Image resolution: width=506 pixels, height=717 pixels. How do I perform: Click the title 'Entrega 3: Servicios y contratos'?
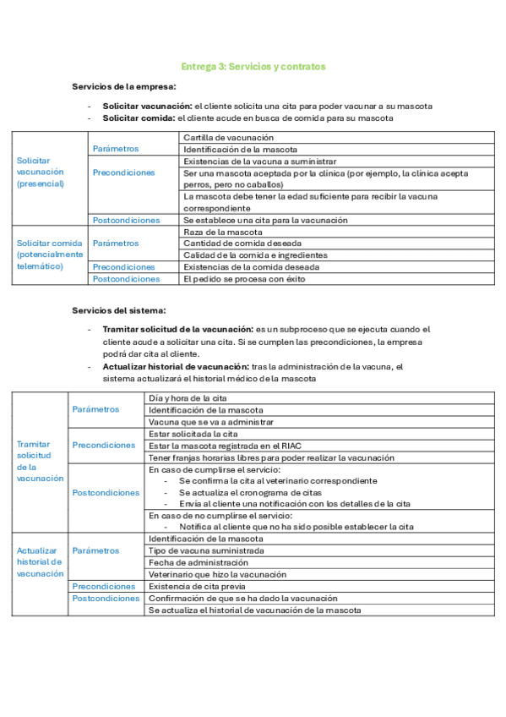(x=253, y=66)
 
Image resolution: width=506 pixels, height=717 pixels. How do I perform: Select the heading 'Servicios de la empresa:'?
(x=124, y=87)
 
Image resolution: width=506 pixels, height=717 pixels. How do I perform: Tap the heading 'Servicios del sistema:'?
(x=119, y=310)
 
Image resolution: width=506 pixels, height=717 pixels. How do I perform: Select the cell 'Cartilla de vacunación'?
(x=228, y=137)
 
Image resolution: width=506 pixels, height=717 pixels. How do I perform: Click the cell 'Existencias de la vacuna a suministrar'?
(x=260, y=161)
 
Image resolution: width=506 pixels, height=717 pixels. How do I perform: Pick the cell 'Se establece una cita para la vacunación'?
(x=265, y=220)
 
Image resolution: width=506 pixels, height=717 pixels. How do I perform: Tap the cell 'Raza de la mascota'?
(x=222, y=232)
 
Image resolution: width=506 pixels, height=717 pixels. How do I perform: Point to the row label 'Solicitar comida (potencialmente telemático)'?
(x=50, y=255)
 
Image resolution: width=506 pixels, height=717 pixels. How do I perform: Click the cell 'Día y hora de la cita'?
(x=188, y=397)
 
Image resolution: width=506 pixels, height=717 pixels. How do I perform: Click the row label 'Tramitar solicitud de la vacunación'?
(x=40, y=461)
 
